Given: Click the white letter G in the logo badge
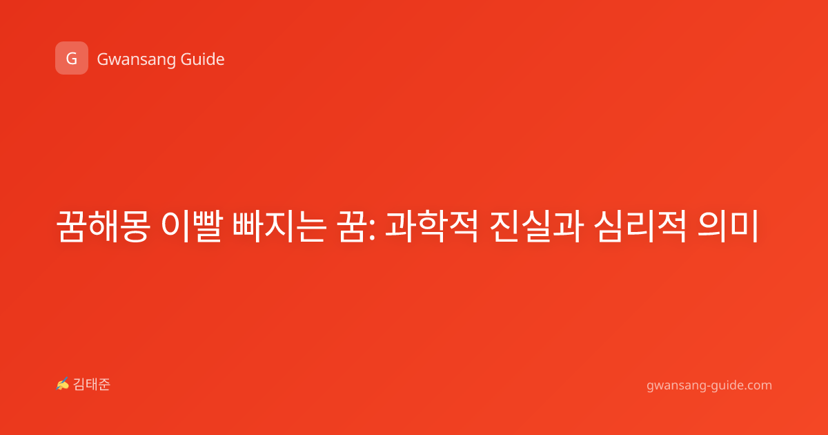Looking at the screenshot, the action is [x=72, y=59].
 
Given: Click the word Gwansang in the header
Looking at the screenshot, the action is [x=136, y=60].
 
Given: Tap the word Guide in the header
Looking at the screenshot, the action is [x=203, y=59].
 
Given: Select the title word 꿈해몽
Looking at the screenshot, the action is [x=103, y=226].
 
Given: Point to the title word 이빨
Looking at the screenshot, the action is [x=193, y=226].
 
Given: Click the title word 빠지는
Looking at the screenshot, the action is [x=279, y=226].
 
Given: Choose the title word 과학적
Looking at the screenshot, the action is [x=432, y=226].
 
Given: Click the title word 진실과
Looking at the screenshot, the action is [x=537, y=226].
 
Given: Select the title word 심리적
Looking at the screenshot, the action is [x=640, y=226].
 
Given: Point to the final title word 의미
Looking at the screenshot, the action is [x=728, y=226].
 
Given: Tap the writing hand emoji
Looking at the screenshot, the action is [x=63, y=384].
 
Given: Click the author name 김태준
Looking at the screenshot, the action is [x=92, y=385].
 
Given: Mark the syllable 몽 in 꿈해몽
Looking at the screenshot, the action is [x=135, y=226].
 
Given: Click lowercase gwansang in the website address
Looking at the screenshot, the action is [x=675, y=386].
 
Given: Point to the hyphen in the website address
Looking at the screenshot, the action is [x=707, y=386].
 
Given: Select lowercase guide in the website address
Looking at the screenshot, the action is [x=727, y=385].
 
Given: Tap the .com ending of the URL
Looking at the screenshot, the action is [x=758, y=386].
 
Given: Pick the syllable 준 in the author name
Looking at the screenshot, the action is [x=104, y=385].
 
